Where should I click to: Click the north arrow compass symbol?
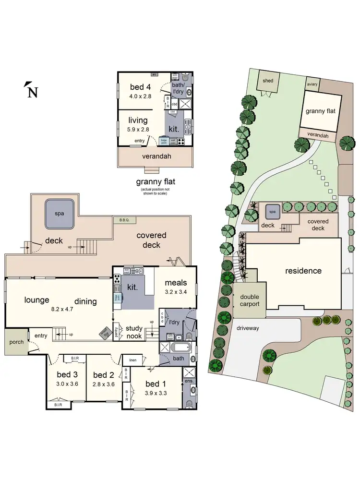click(31, 90)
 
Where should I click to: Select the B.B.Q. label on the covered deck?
click(124, 220)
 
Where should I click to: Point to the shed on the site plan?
click(268, 81)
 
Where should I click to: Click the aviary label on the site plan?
click(312, 84)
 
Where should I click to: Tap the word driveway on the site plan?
click(247, 328)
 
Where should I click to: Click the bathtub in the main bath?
click(180, 348)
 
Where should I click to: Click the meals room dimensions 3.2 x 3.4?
click(175, 291)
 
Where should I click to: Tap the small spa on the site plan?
click(272, 211)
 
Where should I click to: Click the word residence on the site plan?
click(303, 271)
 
